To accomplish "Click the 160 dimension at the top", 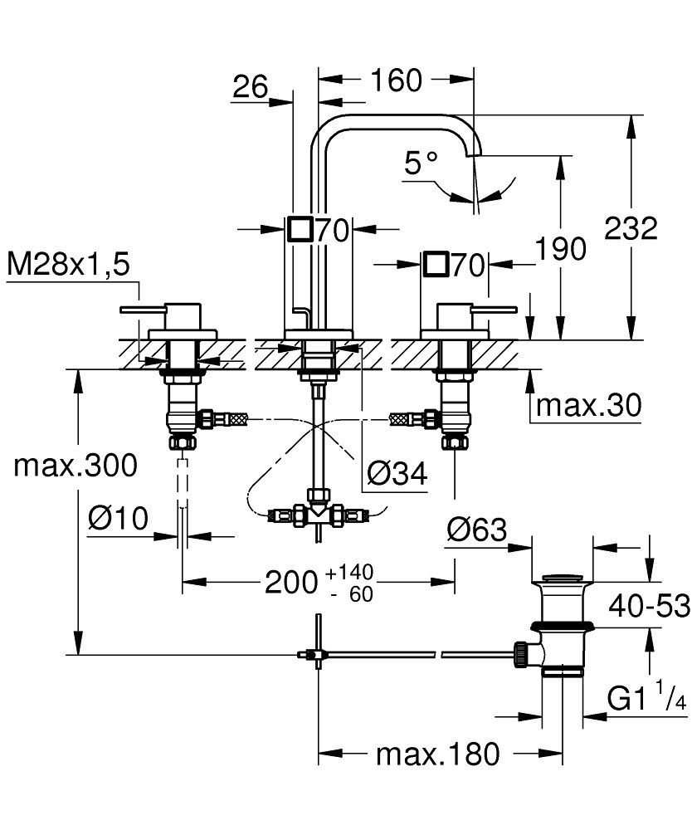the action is (397, 80).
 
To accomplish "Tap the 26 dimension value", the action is (251, 86).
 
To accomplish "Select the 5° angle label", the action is (421, 163).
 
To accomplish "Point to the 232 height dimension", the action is (631, 229).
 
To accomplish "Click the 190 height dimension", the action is (561, 248).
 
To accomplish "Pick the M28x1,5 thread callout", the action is (68, 264).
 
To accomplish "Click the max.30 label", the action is (588, 406).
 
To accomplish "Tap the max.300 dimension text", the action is (76, 466).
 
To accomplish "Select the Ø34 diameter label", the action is (397, 473).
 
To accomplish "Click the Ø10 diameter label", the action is (118, 518).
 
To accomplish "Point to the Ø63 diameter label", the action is (476, 530).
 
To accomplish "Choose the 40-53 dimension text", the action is (649, 606).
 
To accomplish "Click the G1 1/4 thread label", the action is (646, 697).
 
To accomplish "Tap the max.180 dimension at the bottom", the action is (437, 754).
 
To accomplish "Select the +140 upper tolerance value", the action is (349, 572).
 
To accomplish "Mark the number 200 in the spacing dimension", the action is (291, 583).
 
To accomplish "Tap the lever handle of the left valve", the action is (143, 309).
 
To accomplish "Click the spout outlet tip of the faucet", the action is (474, 154).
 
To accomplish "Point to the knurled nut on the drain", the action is (520, 654).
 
